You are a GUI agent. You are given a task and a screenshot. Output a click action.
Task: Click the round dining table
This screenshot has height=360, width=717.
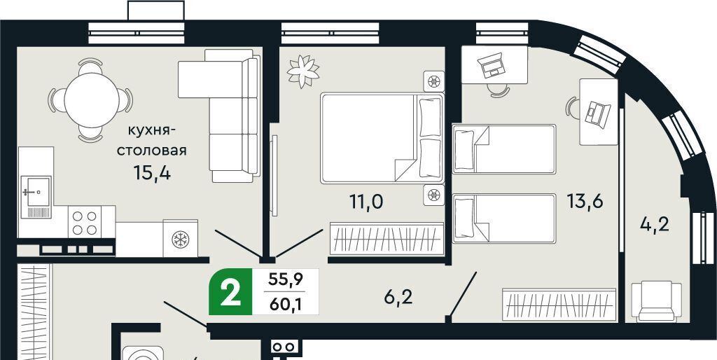click(x=92, y=100)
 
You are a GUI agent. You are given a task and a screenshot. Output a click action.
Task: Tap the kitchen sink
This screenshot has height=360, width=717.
click(x=36, y=197)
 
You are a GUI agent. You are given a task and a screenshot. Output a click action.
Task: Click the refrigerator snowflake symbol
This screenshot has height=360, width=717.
click(x=180, y=240)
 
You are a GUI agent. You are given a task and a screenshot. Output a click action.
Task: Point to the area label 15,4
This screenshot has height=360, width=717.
click(x=152, y=173)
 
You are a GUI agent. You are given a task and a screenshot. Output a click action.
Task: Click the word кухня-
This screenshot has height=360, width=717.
click(x=151, y=131)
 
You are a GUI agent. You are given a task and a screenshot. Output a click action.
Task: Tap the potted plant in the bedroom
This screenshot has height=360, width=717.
click(x=302, y=71)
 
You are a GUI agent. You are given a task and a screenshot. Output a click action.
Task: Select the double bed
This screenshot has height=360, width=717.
click(x=382, y=138)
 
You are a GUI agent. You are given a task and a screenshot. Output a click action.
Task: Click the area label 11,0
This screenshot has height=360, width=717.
click(x=366, y=201)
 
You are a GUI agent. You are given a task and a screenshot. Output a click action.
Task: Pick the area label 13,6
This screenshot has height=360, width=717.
click(x=585, y=200)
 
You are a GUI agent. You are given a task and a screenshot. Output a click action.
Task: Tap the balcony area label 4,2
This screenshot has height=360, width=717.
click(x=655, y=225)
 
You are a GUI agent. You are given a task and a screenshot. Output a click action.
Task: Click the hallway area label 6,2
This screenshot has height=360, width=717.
click(x=398, y=298)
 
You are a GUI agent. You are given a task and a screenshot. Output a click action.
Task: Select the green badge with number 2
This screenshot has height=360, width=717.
click(x=230, y=292)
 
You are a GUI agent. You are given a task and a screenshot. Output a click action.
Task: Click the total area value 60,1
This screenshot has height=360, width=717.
click(x=286, y=304)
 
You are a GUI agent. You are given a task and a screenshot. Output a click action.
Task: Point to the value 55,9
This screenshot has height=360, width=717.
click(x=286, y=279)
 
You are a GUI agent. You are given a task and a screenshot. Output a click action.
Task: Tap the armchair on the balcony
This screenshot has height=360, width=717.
click(x=657, y=301)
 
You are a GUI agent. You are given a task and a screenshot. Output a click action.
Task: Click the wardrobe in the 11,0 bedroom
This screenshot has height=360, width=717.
click(x=387, y=238)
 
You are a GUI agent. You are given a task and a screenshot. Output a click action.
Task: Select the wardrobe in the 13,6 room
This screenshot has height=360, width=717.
click(x=559, y=304)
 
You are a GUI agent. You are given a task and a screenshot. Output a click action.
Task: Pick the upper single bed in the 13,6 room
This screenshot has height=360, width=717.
click(x=504, y=149)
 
